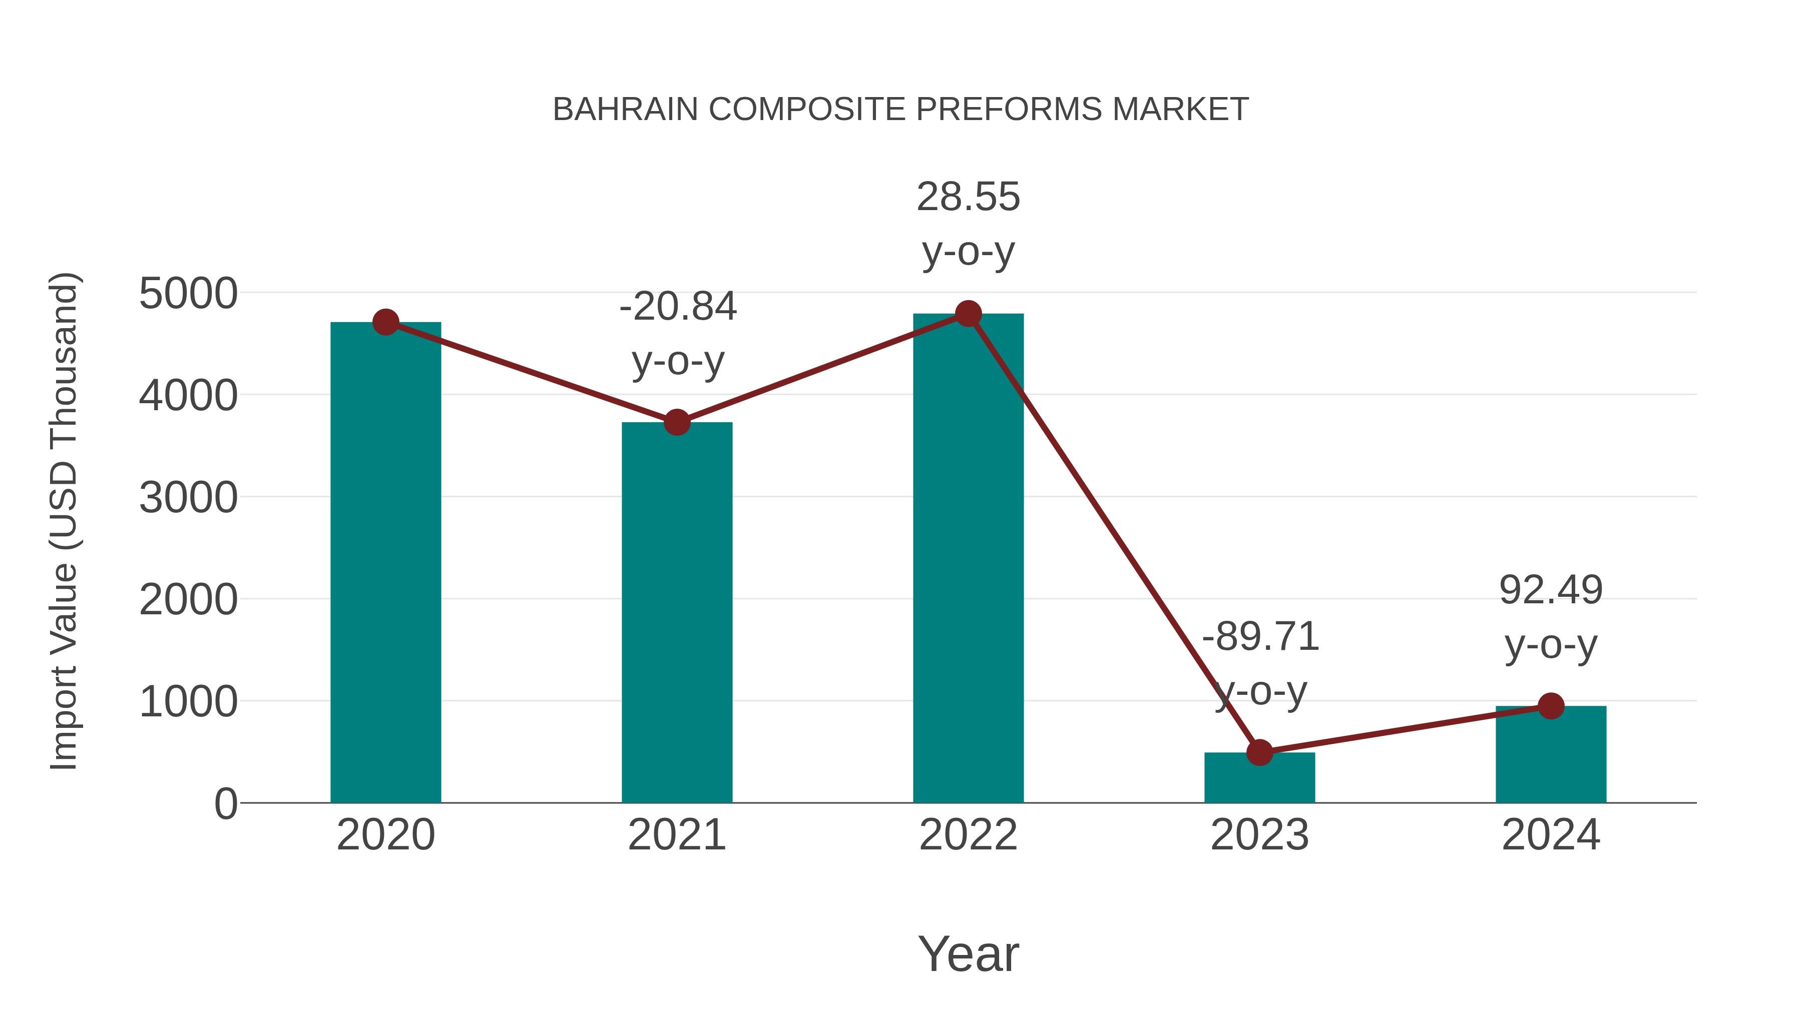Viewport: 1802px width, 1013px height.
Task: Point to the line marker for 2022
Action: pyautogui.click(x=968, y=314)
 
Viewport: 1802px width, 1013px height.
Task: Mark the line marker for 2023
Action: pyautogui.click(x=1259, y=752)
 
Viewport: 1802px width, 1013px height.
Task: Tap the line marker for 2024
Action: pyautogui.click(x=1551, y=706)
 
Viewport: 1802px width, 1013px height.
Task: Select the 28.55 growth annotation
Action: pyautogui.click(x=968, y=197)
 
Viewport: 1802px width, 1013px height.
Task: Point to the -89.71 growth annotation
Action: pyautogui.click(x=1260, y=637)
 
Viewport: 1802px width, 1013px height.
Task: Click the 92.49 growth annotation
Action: pyautogui.click(x=1551, y=590)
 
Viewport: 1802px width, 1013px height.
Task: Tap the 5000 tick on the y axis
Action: pyautogui.click(x=188, y=294)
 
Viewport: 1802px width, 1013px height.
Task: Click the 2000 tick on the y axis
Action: pyautogui.click(x=188, y=600)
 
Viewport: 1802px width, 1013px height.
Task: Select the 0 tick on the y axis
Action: pyautogui.click(x=225, y=804)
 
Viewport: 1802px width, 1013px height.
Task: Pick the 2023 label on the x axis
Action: pyautogui.click(x=1259, y=835)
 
